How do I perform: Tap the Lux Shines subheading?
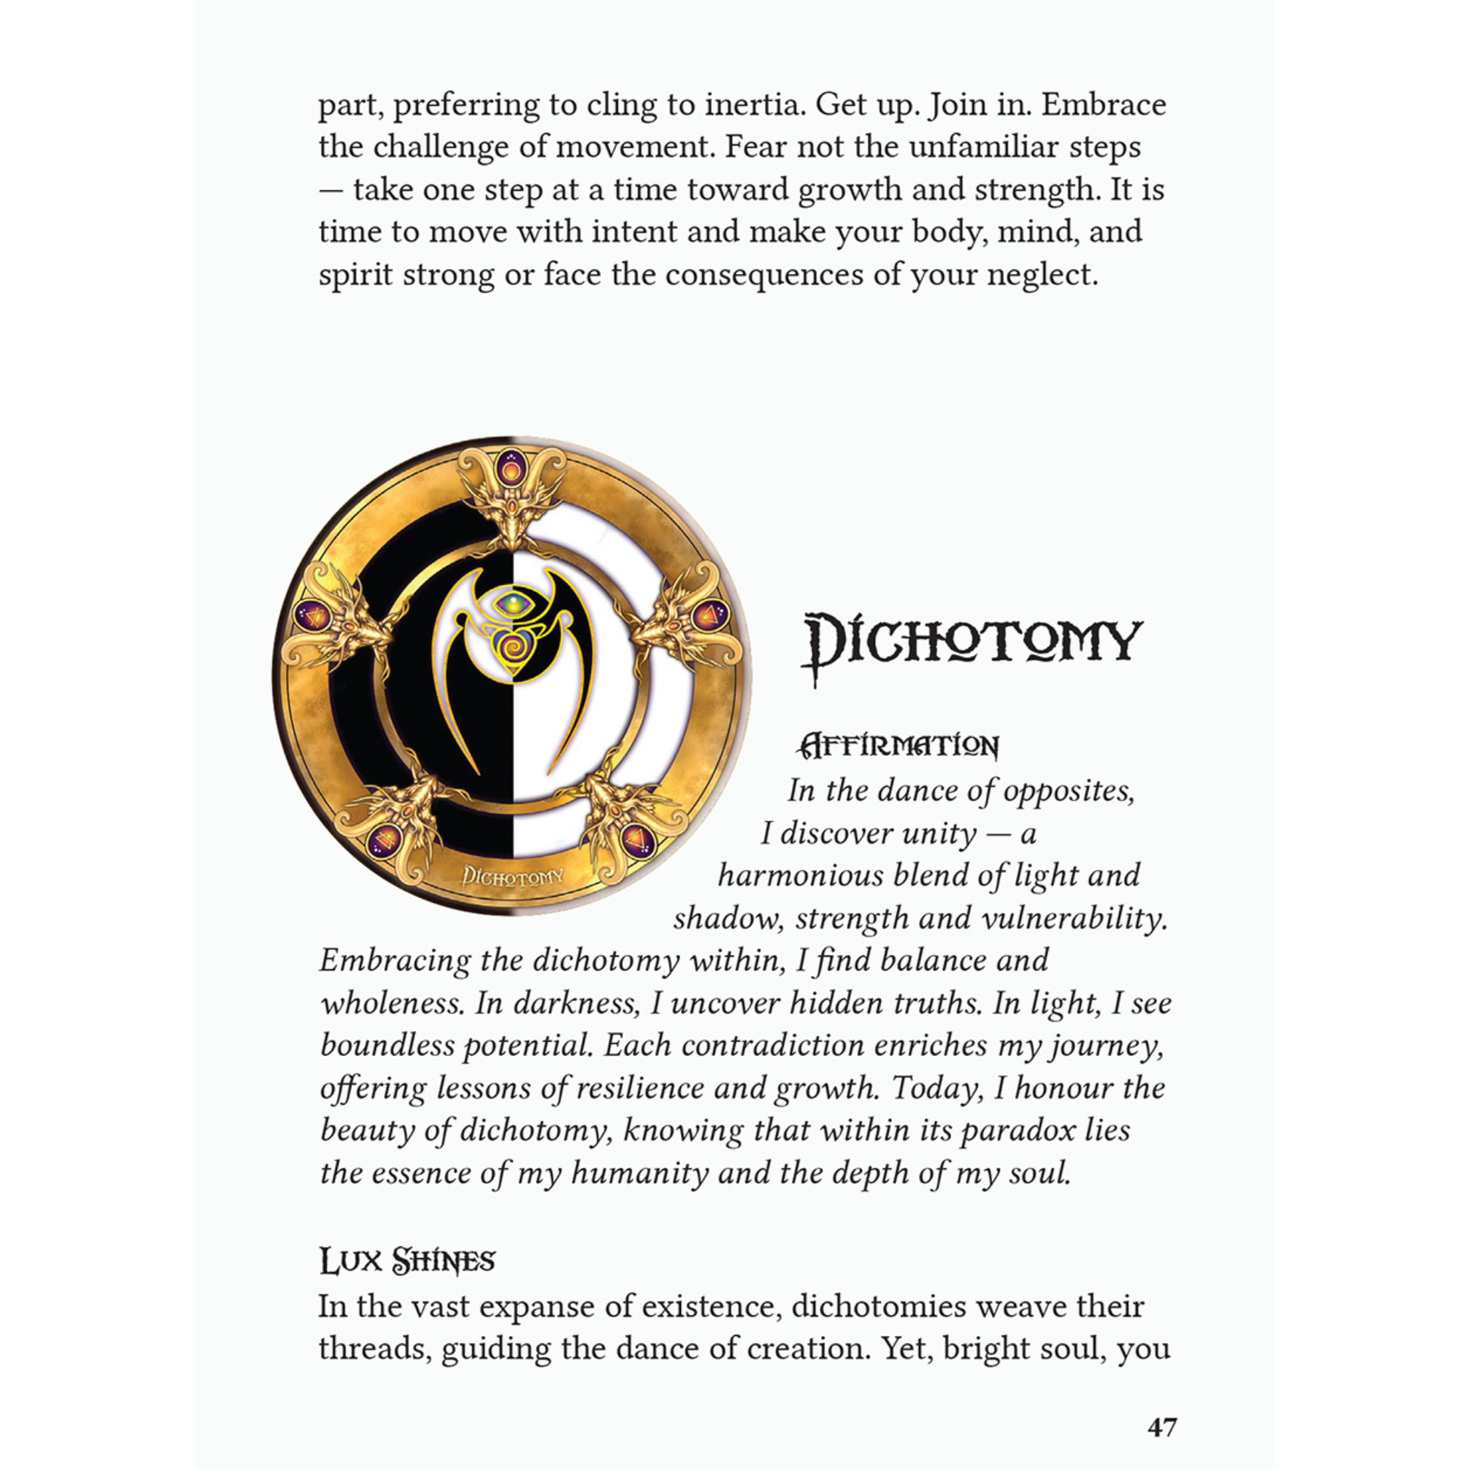[407, 1261]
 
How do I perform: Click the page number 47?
[1162, 1427]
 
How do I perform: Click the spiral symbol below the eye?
[511, 646]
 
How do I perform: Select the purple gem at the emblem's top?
[510, 469]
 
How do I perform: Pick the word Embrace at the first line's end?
[1103, 104]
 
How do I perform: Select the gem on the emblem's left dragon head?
[313, 614]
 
